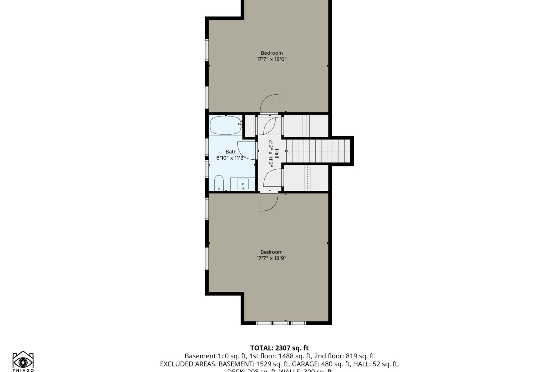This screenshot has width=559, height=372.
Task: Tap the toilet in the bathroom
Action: click(219, 183)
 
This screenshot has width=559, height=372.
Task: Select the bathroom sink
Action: click(243, 184)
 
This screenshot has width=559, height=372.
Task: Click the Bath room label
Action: click(231, 152)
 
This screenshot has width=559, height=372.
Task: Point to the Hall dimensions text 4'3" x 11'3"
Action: click(270, 154)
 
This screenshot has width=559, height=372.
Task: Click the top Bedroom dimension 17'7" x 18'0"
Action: click(271, 59)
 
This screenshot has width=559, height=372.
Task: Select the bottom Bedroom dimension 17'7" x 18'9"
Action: click(271, 258)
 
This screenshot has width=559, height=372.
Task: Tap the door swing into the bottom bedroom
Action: click(269, 202)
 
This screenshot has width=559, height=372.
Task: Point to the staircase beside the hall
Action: click(318, 151)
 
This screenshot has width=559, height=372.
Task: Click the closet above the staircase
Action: click(306, 126)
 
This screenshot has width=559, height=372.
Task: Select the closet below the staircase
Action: click(306, 178)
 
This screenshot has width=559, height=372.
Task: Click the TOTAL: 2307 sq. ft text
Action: click(279, 348)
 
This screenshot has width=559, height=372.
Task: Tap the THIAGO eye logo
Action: click(23, 361)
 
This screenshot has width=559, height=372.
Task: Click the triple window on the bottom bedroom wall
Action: click(281, 323)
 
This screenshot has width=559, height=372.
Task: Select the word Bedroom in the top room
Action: click(271, 53)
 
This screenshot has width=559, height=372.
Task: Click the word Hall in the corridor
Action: click(276, 154)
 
